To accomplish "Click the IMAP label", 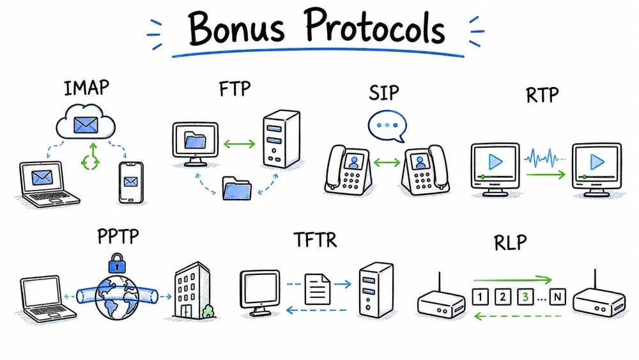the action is point(86,88).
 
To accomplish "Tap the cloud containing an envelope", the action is point(86,121).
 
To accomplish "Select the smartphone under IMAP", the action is point(131,182).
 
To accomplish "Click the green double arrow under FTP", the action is point(239,143).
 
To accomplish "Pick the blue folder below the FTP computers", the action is point(237,189).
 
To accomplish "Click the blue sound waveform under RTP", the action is point(544,158).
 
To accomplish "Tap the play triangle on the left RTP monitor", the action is point(495,162).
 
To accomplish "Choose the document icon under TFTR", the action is point(318,289).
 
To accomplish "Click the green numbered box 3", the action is point(525,297).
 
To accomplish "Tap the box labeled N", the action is point(557,297).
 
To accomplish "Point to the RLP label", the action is point(510,242).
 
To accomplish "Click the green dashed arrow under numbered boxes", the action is point(518,316).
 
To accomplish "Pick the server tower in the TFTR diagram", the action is point(376,290).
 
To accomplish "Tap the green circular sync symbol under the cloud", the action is point(91,158).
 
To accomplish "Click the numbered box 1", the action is point(480,297).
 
